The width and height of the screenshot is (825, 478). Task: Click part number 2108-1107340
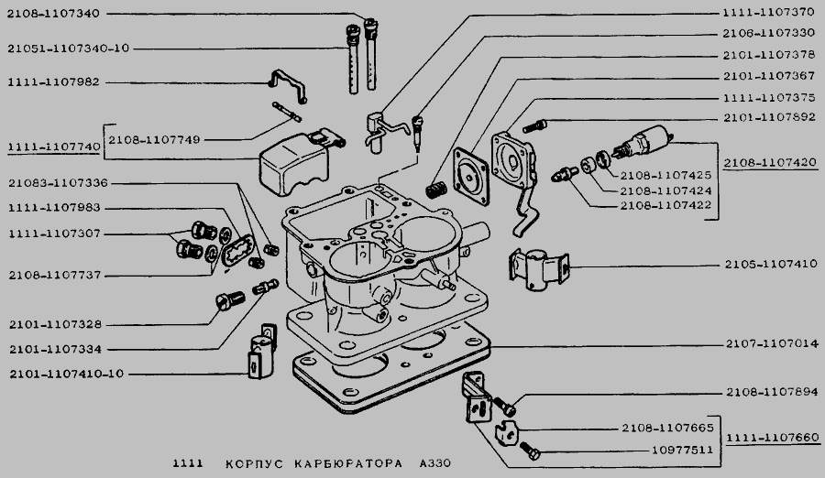(x=52, y=15)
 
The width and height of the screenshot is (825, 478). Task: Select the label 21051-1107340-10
(x=68, y=49)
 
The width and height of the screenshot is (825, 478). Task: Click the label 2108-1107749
(x=153, y=140)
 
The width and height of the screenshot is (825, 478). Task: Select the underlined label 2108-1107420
(x=768, y=162)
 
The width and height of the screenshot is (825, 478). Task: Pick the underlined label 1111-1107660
(x=768, y=439)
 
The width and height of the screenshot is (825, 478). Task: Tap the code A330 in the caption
(x=433, y=464)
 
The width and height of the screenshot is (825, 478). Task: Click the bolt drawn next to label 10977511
(x=529, y=451)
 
